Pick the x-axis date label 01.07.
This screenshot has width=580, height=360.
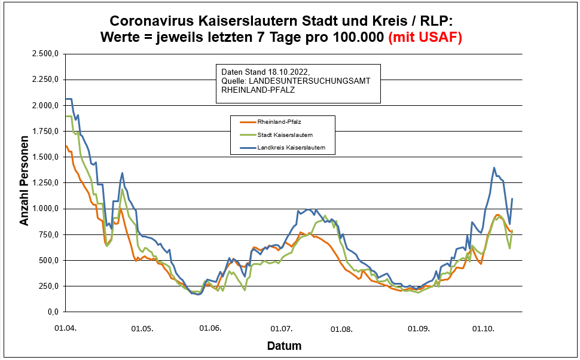[281, 328]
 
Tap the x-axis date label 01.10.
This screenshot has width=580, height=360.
[483, 328]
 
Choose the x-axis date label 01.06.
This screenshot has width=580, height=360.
[210, 328]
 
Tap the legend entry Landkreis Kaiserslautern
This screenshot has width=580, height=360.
[295, 147]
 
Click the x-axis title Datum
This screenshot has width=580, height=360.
[284, 346]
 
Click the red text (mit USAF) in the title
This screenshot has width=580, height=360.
[425, 37]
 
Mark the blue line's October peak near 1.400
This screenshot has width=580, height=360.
[494, 168]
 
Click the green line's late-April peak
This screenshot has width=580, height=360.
[122, 190]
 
